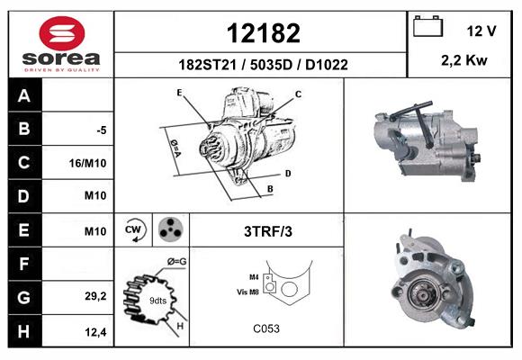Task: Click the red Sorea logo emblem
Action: pos(62,33)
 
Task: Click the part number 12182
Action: pos(264,33)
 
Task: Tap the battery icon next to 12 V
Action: pos(427,26)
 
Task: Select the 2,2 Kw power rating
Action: pos(464,60)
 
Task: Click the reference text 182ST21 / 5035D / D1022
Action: pos(264,65)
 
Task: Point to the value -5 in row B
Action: pos(102,130)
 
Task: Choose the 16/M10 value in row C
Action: pos(88,163)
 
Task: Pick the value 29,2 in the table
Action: pos(95,296)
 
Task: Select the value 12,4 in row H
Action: pos(95,332)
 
